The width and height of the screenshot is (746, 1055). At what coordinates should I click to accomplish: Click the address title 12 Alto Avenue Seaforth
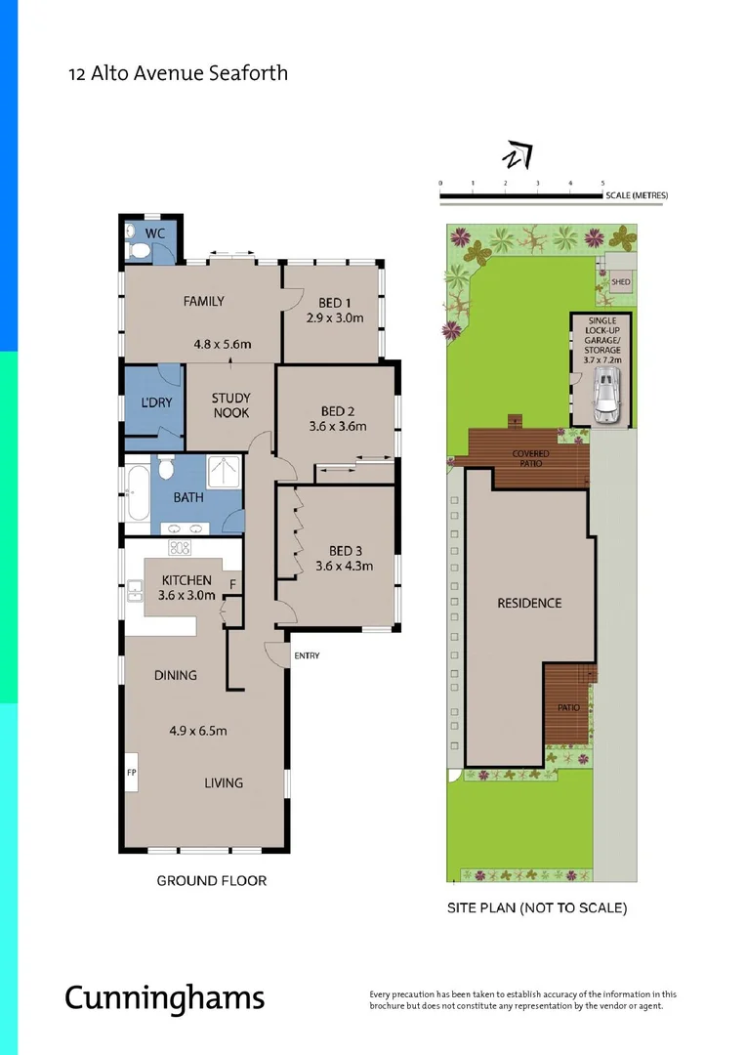click(x=178, y=73)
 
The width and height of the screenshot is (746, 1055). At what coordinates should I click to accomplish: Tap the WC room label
click(x=155, y=233)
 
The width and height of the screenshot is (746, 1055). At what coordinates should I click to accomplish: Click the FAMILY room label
click(x=203, y=301)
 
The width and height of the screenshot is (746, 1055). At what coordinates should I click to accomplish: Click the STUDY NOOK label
click(x=230, y=405)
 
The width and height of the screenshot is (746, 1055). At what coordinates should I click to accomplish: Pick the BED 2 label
click(x=337, y=410)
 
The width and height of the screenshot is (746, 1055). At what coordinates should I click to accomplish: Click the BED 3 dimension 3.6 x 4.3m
click(x=344, y=566)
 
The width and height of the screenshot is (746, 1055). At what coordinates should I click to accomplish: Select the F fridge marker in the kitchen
click(x=231, y=585)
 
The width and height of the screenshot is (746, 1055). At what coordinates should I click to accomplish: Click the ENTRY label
click(x=306, y=655)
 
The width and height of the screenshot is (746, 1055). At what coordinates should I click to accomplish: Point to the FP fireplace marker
click(x=132, y=772)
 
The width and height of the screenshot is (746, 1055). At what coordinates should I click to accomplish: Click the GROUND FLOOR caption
click(x=212, y=880)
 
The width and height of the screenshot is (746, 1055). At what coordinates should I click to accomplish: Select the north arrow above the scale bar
click(x=517, y=156)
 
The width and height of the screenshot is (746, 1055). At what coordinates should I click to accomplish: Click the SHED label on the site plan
click(x=620, y=282)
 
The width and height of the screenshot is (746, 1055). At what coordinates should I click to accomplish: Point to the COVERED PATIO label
click(x=531, y=458)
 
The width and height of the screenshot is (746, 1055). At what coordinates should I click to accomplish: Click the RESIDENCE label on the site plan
click(x=529, y=603)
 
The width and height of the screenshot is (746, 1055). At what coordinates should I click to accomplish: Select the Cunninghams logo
click(x=164, y=997)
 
